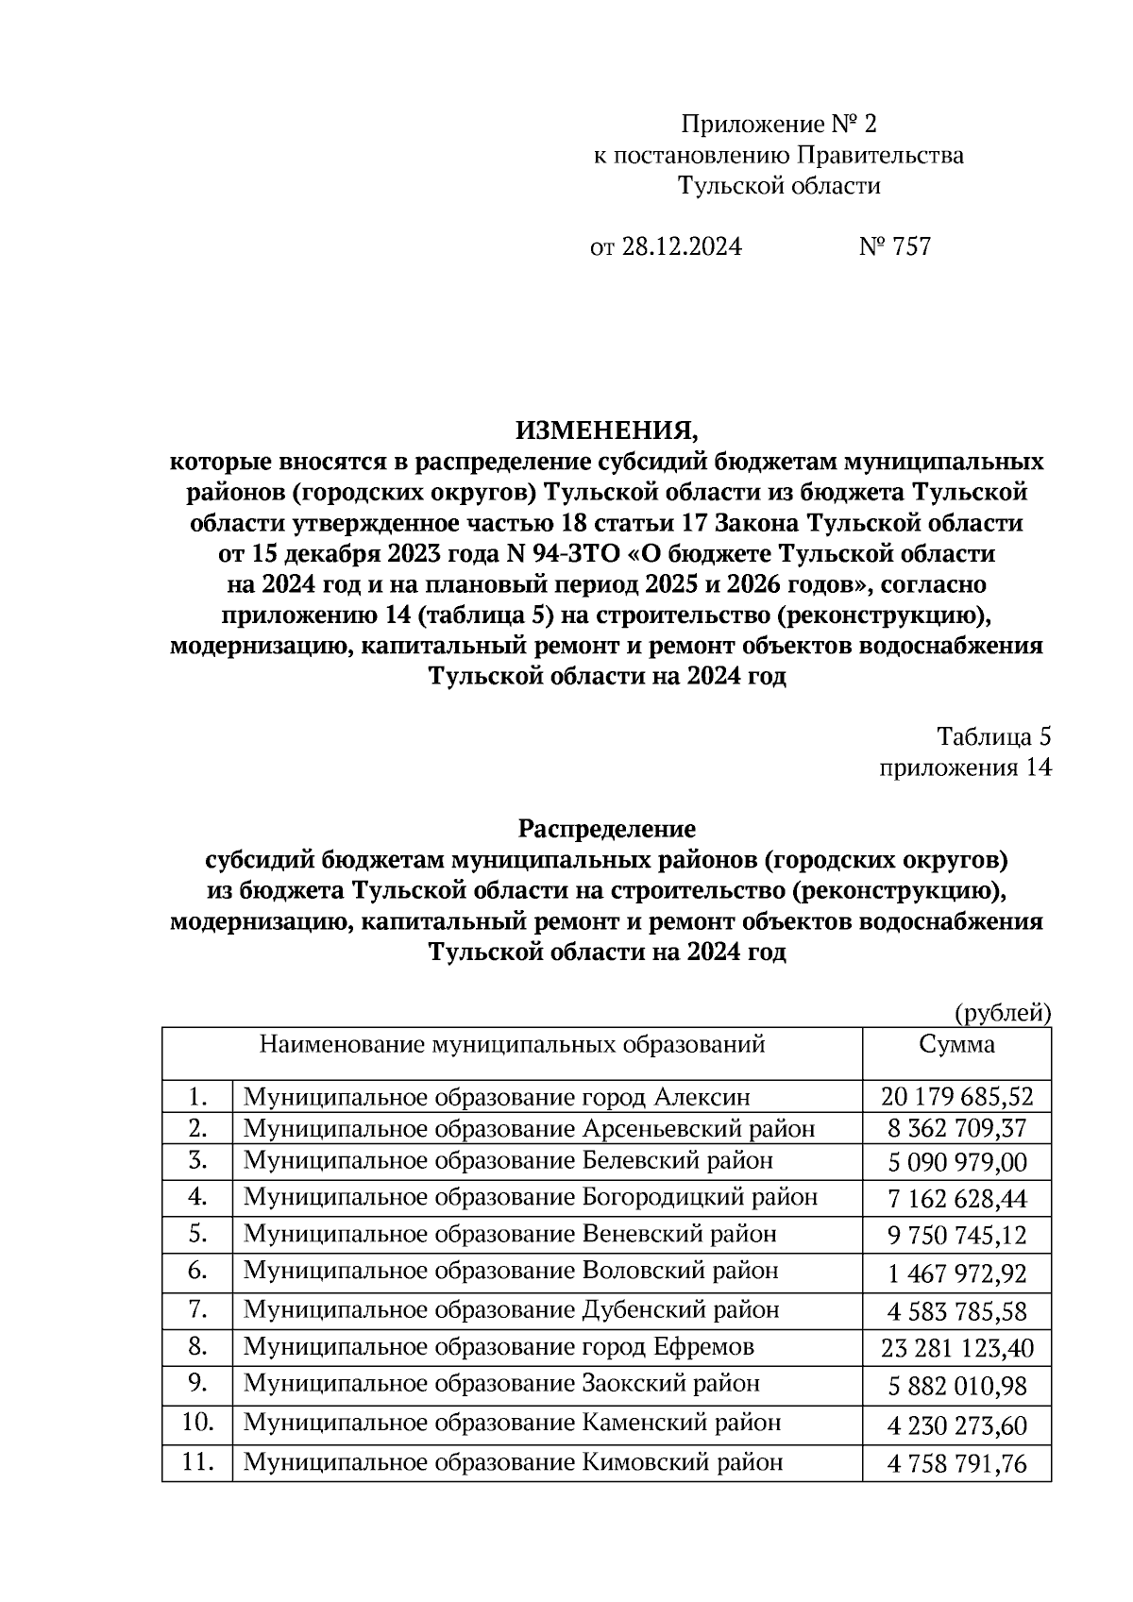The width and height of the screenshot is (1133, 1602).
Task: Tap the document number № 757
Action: coord(894,247)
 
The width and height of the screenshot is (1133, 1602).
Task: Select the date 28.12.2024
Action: coord(681,247)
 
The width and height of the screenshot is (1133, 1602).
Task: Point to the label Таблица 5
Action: coord(993,736)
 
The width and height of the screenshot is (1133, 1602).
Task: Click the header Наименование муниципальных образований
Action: coord(512,1045)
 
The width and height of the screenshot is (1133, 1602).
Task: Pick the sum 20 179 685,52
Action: coord(956,1097)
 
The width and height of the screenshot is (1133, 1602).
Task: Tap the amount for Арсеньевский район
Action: coord(956,1129)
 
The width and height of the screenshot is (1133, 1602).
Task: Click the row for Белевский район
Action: coord(508,1161)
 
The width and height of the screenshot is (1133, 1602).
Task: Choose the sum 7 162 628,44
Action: coord(956,1199)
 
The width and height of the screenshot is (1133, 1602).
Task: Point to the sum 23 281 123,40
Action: coord(956,1348)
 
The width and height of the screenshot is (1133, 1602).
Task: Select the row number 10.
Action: coord(197,1423)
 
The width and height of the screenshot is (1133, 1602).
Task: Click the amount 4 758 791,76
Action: coord(956,1464)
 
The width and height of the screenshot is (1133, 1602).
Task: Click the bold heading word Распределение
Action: coord(606,829)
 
